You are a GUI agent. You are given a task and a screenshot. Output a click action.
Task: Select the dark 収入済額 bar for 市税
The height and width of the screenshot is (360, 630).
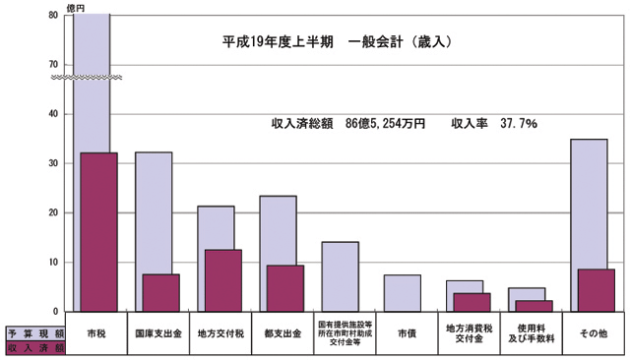coord(97,231)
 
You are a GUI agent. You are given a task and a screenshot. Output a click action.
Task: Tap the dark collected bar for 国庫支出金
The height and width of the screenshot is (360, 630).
coord(160,292)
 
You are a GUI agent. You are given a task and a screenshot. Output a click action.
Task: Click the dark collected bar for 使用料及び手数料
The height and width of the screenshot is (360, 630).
coord(534,306)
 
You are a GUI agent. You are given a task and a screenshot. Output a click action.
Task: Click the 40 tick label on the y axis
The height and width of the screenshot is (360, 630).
coord(51,114)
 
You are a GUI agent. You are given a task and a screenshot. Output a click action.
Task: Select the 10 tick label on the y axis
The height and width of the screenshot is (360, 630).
coord(51,262)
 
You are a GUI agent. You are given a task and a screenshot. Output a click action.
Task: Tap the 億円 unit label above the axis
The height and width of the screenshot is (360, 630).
coord(75,7)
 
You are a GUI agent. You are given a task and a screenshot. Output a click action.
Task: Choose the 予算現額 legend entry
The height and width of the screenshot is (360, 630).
coord(35,332)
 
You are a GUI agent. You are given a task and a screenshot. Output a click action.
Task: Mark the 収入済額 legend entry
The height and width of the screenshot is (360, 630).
coord(35,347)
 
